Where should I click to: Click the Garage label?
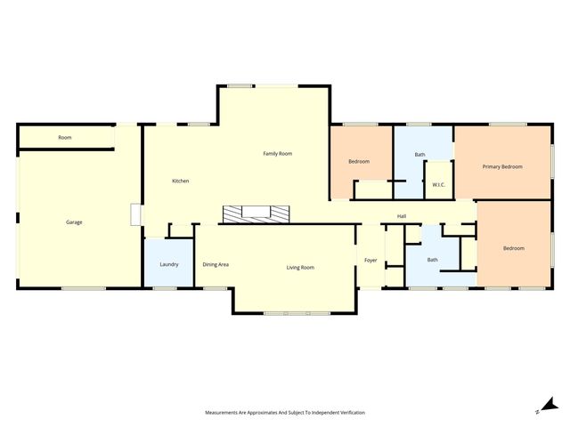click(74, 222)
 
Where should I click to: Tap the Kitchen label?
click(181, 181)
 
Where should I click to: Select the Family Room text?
click(278, 154)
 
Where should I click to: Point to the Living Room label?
click(300, 267)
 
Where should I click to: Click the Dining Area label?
click(216, 264)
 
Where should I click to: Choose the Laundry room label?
click(169, 264)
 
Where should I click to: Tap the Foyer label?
click(371, 260)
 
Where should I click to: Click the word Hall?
click(402, 216)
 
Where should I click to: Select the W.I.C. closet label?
click(438, 184)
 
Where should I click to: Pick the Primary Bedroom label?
click(502, 166)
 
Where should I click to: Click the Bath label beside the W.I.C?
click(419, 155)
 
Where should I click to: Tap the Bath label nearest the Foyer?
click(432, 260)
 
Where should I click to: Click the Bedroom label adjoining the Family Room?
click(359, 161)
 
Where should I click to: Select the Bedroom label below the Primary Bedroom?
click(514, 248)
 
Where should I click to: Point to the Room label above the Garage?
click(65, 138)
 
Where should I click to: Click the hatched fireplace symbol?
click(256, 213)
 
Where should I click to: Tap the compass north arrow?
click(541, 408)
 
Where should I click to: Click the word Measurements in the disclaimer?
click(225, 413)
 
